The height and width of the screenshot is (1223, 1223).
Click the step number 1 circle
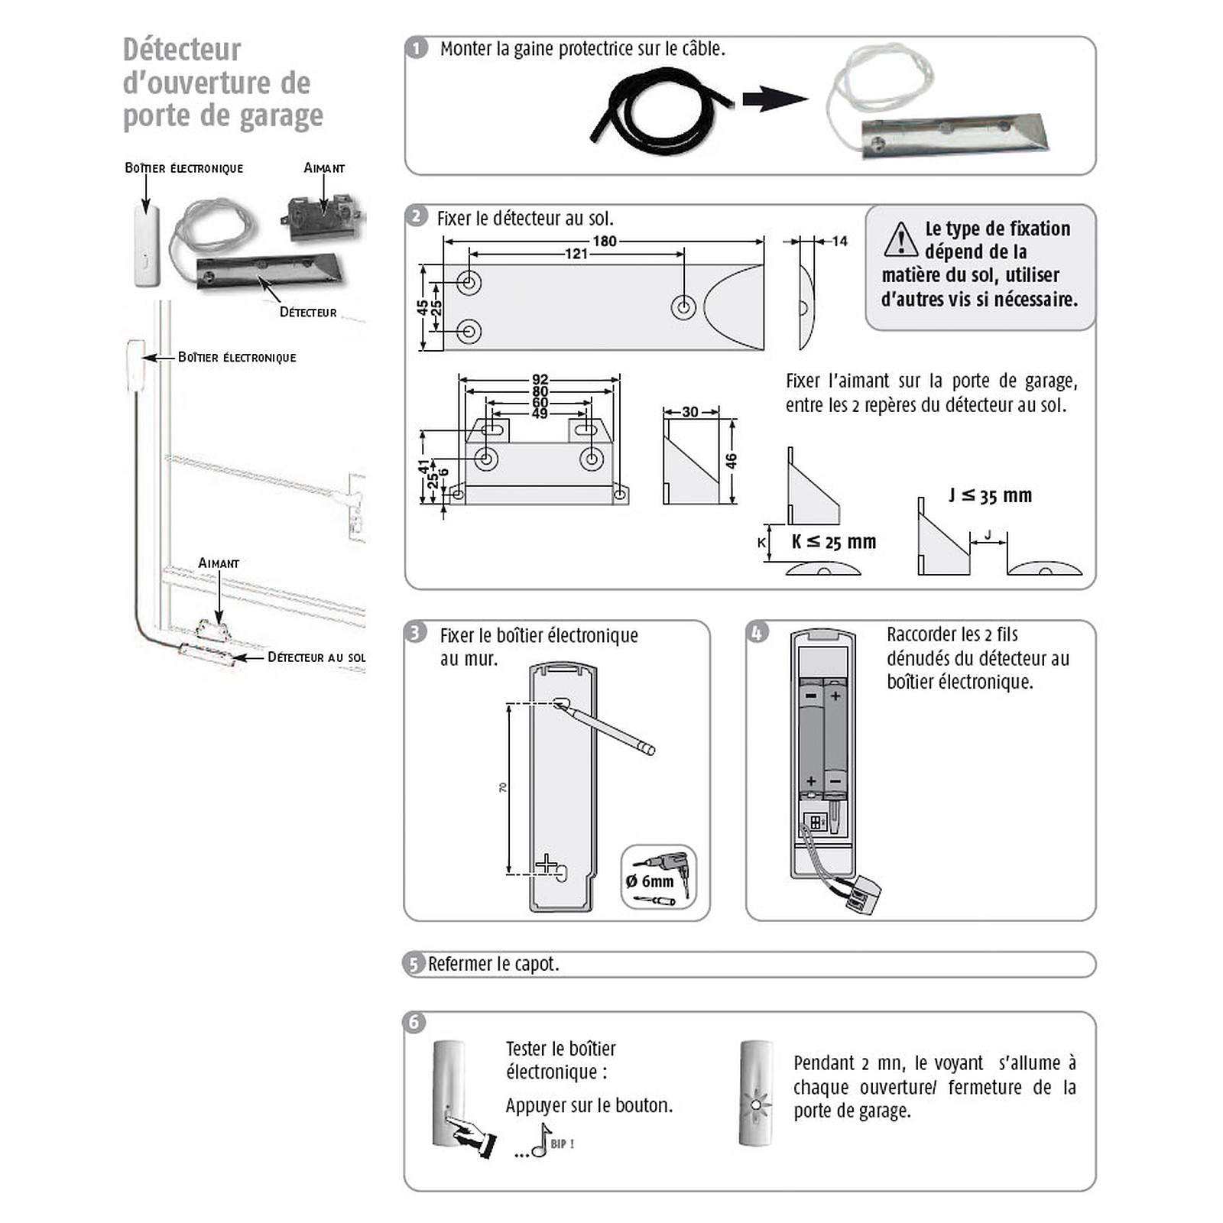tap(417, 49)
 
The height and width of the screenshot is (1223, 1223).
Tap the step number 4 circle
tap(757, 633)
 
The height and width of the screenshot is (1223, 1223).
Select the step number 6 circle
tap(414, 1023)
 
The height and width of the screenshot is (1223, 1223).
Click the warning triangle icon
tap(900, 239)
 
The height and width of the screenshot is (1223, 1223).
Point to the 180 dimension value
tap(604, 242)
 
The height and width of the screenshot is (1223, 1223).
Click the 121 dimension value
tap(576, 254)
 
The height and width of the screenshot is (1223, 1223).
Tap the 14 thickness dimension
tap(839, 242)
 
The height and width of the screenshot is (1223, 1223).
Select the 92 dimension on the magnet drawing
tap(540, 379)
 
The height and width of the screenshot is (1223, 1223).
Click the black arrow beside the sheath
tap(774, 99)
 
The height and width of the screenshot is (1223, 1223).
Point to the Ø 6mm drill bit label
tap(650, 881)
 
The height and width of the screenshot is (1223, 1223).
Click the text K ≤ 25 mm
tap(834, 542)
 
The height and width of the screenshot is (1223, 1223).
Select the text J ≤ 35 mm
tap(990, 495)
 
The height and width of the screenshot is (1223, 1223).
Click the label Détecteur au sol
tap(316, 657)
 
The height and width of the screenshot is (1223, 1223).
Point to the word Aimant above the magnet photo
tap(324, 168)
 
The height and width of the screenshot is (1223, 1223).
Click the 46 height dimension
tap(731, 461)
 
